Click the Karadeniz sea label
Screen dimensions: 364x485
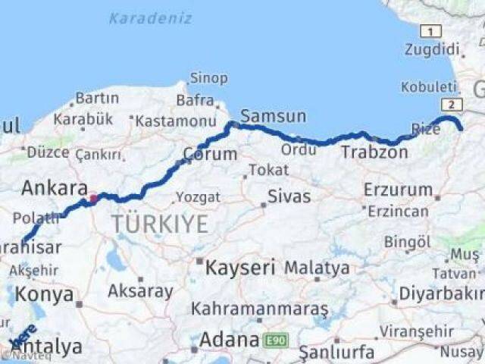[149, 18]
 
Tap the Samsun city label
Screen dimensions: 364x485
[273, 116]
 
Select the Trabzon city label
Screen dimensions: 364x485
[374, 152]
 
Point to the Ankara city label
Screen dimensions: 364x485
[52, 188]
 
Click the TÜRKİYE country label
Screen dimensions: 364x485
[159, 223]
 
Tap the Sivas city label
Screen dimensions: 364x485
[289, 196]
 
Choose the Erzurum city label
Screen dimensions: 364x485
[398, 189]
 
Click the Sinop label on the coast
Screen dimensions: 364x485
[208, 77]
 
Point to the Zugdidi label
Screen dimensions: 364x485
[433, 50]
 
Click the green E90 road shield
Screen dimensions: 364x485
[275, 341]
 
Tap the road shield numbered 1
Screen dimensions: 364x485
[431, 31]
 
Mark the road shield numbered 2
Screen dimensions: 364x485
[452, 105]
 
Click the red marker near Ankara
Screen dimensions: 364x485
[93, 199]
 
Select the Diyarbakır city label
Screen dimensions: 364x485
[452, 293]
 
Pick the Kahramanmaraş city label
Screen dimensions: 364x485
[259, 309]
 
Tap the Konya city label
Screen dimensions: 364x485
[45, 294]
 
